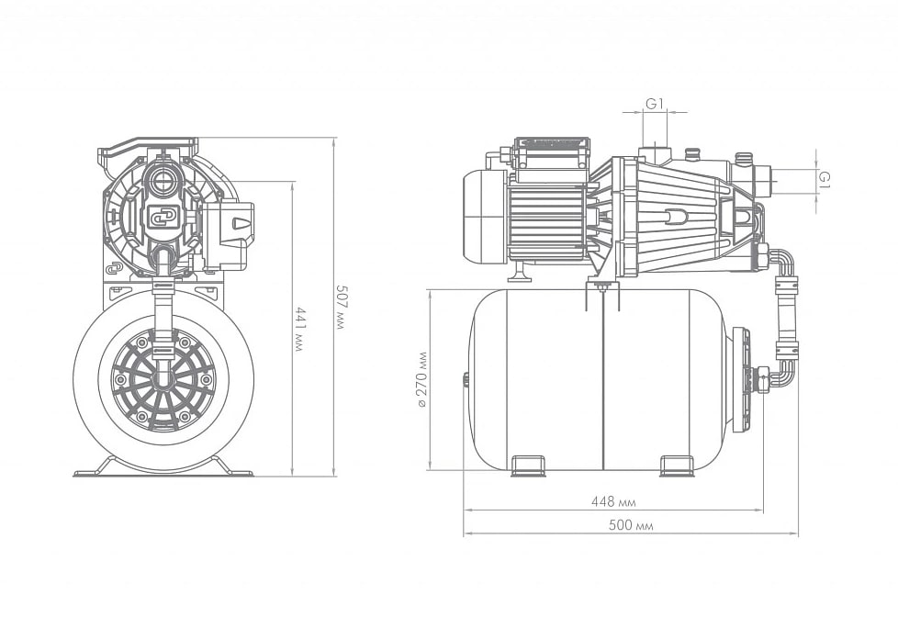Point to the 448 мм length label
click(613, 502)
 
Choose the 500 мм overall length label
click(631, 525)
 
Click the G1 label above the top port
click(656, 104)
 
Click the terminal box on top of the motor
click(551, 153)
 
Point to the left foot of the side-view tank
click(527, 466)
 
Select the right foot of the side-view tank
click(678, 466)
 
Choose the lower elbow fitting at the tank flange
click(780, 373)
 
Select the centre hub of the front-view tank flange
click(163, 379)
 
